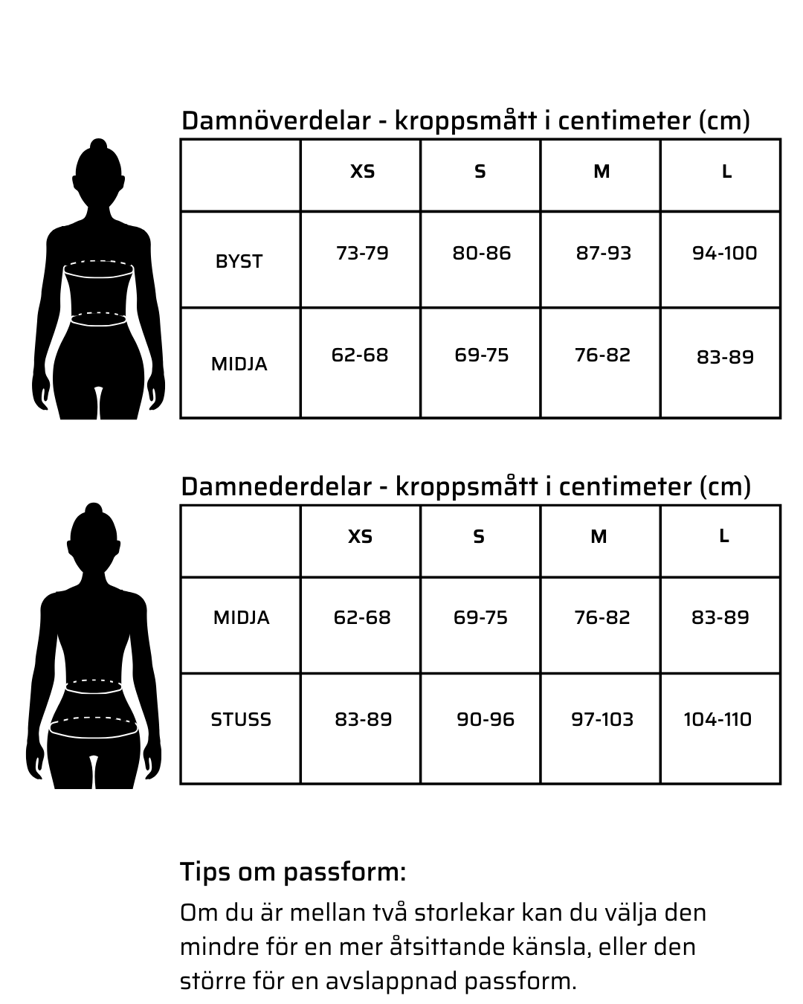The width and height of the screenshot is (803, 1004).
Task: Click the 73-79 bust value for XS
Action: [x=362, y=254]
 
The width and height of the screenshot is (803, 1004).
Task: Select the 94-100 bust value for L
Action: [x=724, y=254]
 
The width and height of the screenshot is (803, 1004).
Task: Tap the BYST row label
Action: [x=239, y=262]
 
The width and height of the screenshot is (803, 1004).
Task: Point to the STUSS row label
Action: [x=241, y=720]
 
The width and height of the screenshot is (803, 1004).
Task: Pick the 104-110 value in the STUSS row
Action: [x=717, y=720]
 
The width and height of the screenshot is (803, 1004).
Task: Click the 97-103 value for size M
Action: [x=602, y=720]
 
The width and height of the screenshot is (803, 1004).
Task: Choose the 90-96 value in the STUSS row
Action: [x=485, y=720]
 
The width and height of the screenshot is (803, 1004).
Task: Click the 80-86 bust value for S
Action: [x=482, y=254]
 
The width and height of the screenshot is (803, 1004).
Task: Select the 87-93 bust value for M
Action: [x=603, y=254]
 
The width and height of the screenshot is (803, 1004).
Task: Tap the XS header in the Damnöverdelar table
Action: [x=362, y=172]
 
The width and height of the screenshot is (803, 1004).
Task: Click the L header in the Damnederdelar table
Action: [x=723, y=536]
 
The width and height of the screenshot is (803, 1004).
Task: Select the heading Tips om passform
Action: [x=293, y=872]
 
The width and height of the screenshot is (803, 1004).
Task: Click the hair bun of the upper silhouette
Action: [x=98, y=146]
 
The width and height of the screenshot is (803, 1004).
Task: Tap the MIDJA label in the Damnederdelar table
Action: [x=241, y=618]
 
